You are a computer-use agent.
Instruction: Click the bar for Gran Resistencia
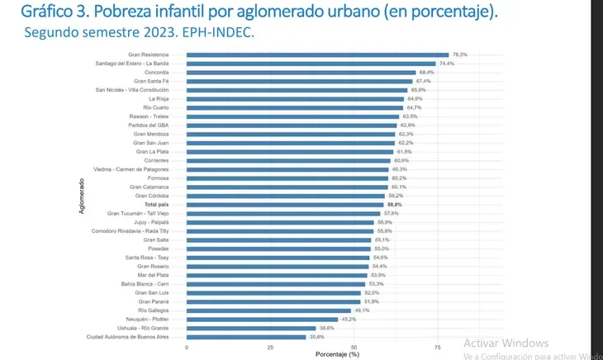(x=317, y=54)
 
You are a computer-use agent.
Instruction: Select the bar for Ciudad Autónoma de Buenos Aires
(x=246, y=337)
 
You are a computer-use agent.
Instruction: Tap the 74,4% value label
(x=447, y=64)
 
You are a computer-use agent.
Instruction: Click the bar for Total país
(x=285, y=204)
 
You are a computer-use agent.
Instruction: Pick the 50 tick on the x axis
(x=354, y=348)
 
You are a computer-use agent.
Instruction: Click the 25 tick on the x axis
(x=270, y=348)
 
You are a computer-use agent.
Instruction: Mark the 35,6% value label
(x=317, y=337)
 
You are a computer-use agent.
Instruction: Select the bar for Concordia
(x=301, y=73)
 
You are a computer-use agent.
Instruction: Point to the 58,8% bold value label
(x=394, y=204)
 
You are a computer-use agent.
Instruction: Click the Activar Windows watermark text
(x=506, y=343)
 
